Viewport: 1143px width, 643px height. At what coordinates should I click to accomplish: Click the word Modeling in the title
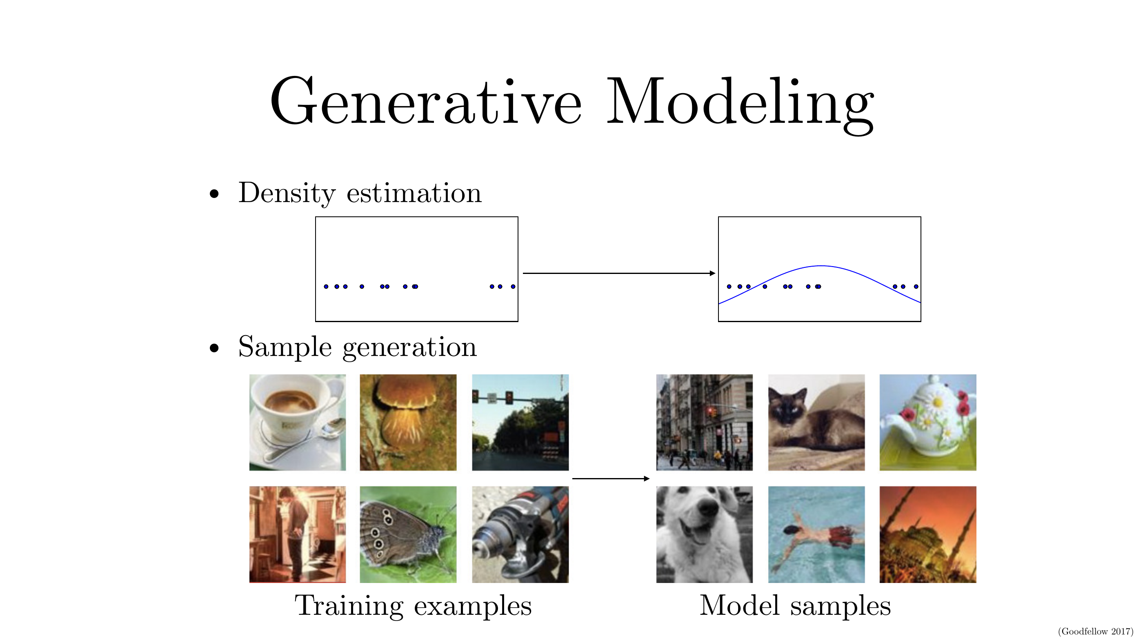point(741,106)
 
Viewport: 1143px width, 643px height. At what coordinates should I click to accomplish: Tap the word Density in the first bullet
point(287,194)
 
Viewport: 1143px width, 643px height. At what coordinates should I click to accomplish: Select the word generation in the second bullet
point(409,347)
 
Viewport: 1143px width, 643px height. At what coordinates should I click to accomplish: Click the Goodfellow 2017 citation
point(1096,631)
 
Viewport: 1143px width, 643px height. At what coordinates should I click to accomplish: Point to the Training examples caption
point(413,606)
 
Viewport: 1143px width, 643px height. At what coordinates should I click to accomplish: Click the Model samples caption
point(795,605)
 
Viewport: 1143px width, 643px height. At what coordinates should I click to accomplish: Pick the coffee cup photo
point(297,423)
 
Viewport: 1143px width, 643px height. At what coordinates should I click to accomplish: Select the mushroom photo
point(408,423)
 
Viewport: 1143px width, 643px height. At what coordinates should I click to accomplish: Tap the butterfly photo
point(408,534)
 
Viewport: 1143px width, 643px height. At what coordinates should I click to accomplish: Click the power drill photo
point(520,534)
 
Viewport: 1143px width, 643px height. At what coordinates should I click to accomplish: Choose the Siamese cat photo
point(816,423)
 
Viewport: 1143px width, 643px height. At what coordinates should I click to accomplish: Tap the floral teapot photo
point(928,423)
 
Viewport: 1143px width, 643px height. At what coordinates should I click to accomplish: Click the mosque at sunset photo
point(928,534)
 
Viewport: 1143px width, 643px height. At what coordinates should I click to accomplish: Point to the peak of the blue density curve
point(821,266)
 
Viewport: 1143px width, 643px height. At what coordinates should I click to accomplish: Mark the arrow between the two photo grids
point(611,478)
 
